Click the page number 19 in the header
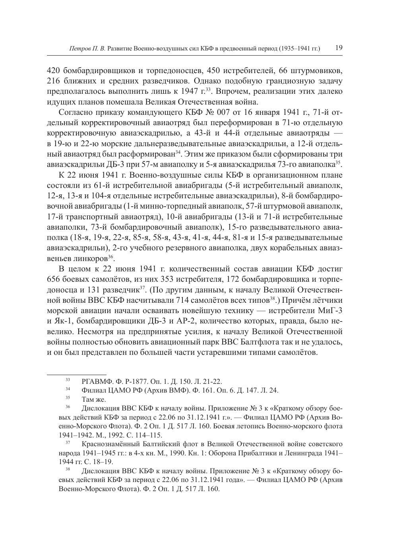[339, 48]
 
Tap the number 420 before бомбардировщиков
[53, 71]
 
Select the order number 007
[228, 112]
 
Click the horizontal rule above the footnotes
[77, 374]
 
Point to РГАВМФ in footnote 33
[94, 382]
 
